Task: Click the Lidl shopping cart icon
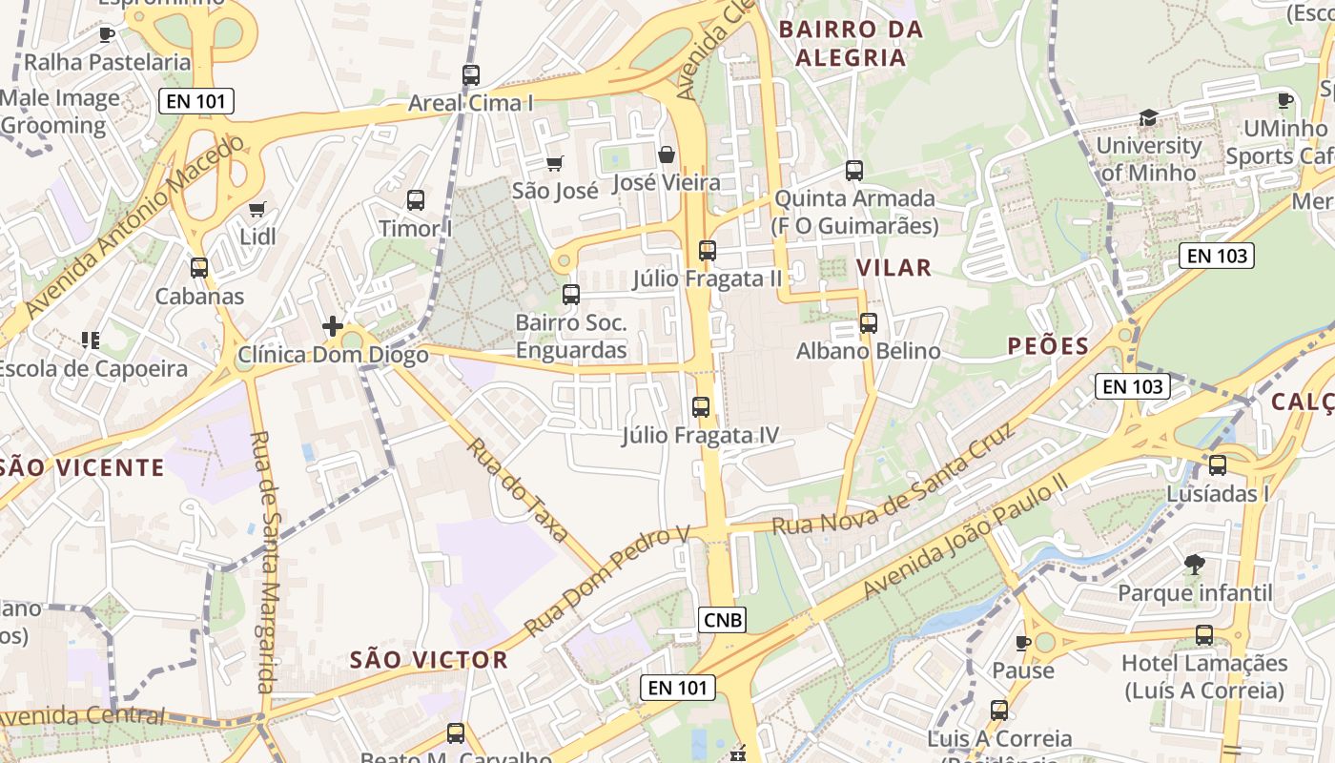click(257, 209)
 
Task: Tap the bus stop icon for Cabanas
click(199, 268)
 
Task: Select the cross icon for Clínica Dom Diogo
click(332, 326)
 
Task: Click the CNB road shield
click(723, 620)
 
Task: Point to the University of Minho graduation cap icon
click(1148, 117)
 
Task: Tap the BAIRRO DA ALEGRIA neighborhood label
click(851, 43)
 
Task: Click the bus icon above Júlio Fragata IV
click(701, 407)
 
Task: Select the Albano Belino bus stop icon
click(868, 323)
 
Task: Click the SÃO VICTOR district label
click(428, 659)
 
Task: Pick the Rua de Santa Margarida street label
click(264, 563)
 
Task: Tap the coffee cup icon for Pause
click(1023, 643)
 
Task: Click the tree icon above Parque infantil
click(1194, 565)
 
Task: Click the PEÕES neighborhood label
click(1048, 346)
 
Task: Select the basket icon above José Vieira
click(667, 155)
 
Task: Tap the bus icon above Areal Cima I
click(470, 74)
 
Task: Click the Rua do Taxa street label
click(517, 490)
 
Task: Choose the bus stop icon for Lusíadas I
click(1218, 465)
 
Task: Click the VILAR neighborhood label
click(893, 267)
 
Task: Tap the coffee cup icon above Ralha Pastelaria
click(107, 35)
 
